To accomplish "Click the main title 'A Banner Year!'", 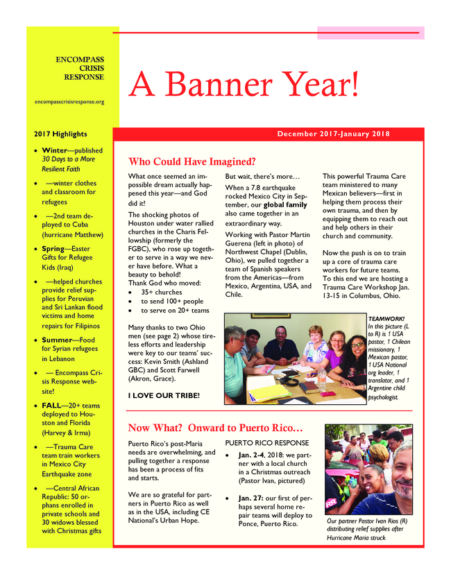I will point(244,85).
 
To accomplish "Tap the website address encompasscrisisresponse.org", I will point(69,101).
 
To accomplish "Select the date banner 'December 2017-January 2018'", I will point(333,134).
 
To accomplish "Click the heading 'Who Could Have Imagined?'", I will point(192,161).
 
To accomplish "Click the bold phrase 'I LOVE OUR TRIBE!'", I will point(164,395).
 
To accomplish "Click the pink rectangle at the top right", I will point(370,33).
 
